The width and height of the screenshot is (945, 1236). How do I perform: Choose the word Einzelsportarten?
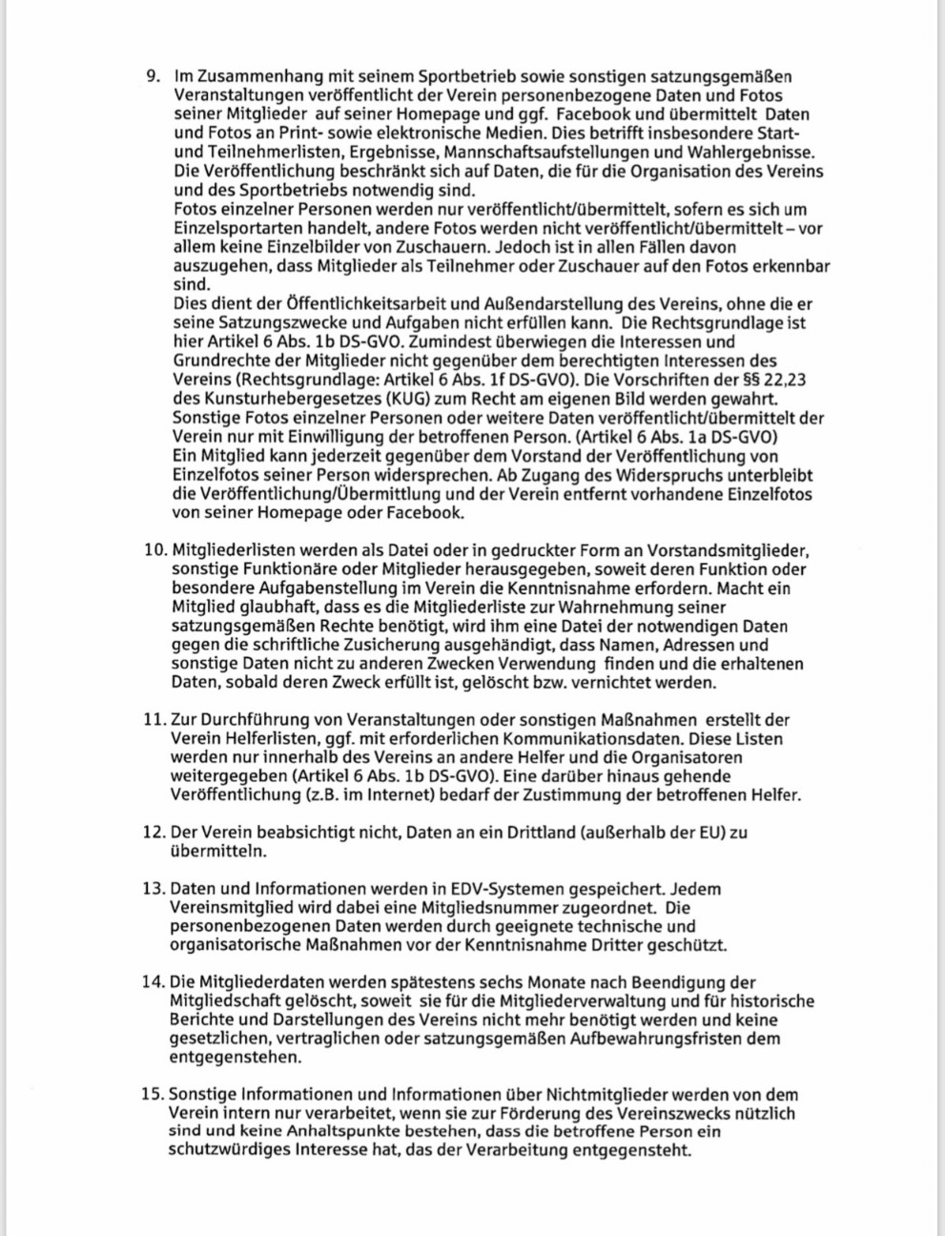click(x=236, y=228)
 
